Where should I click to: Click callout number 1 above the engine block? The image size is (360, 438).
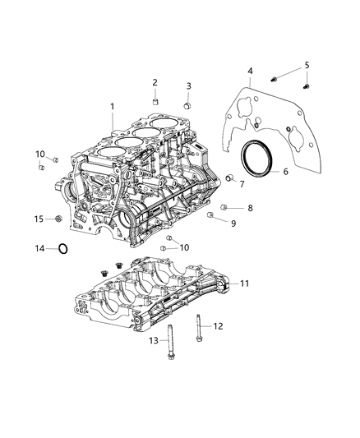coord(113,106)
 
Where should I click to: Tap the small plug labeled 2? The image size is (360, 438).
coord(155,101)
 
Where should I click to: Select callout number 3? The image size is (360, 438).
coord(188,85)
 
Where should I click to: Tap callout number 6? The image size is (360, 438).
coord(285,173)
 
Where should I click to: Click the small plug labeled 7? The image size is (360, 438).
coord(230,180)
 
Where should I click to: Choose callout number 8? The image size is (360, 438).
coord(251,208)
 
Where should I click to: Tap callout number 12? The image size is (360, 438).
coord(218,326)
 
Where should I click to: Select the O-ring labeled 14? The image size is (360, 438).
coord(63,248)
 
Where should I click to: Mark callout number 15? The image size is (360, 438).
coord(38,219)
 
